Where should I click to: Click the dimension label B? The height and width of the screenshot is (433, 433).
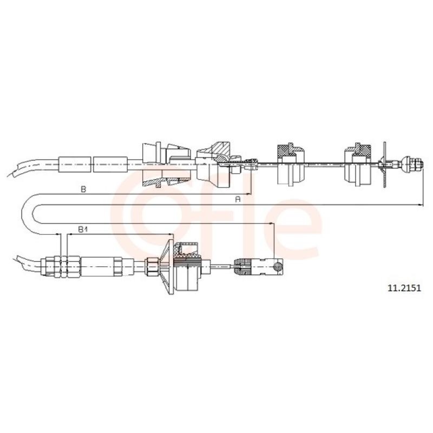point(84,189)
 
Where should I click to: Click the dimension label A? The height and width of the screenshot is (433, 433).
point(238,199)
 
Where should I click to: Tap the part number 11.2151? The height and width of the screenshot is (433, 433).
point(404,288)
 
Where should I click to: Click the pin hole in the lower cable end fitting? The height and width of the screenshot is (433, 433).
point(277,266)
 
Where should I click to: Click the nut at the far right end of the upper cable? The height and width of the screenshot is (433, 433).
point(416,165)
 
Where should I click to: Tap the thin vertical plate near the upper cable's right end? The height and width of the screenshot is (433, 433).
point(385,165)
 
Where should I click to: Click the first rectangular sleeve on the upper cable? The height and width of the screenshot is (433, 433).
point(75,165)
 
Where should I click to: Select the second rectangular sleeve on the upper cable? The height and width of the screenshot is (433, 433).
point(110,165)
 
